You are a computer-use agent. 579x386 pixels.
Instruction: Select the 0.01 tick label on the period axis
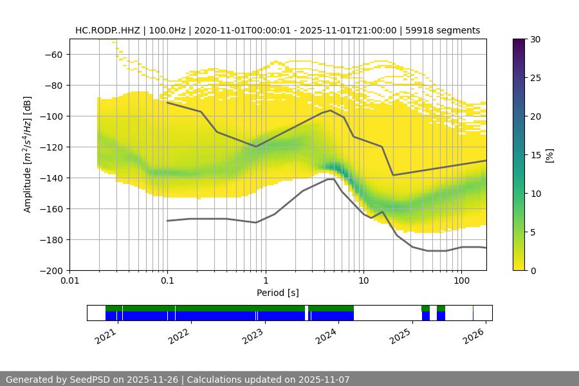[x=69, y=281]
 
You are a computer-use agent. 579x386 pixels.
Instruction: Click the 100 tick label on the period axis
[x=461, y=281]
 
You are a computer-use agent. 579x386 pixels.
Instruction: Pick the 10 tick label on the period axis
[x=363, y=281]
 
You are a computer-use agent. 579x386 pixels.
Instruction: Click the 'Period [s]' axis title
[x=278, y=293]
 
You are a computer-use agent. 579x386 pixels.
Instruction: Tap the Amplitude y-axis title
[x=27, y=154]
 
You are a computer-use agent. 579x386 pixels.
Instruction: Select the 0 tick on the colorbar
[x=533, y=270]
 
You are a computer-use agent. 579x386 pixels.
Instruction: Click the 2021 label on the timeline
[x=107, y=335]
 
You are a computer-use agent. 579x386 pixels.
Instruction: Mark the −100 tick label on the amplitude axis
[x=51, y=116]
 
